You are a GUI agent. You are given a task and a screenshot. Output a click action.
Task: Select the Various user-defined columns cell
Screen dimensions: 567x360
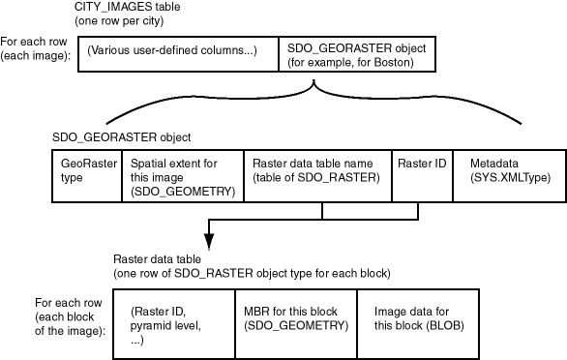178,54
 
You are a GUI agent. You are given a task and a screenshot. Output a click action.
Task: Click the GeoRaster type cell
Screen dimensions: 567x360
87,176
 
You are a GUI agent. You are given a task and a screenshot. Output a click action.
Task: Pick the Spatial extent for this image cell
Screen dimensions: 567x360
183,176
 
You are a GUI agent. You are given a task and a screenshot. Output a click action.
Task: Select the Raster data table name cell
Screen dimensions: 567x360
318,176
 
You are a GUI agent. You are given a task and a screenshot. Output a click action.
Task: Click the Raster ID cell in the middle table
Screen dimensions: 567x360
423,176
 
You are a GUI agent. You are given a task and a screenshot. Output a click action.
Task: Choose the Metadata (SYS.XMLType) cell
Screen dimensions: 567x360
509,176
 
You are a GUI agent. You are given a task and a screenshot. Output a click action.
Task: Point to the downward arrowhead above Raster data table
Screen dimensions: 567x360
209,241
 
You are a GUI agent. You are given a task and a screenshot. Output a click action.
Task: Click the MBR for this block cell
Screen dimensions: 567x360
296,324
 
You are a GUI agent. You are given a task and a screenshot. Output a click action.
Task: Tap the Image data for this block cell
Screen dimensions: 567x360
418,324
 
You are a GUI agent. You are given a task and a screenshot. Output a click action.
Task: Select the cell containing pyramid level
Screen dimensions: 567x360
174,324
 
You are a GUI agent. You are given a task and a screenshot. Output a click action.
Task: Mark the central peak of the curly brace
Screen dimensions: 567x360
313,81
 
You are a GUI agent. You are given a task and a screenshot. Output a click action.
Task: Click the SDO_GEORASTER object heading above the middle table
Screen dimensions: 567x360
122,137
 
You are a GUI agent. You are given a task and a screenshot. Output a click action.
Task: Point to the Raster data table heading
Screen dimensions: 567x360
158,259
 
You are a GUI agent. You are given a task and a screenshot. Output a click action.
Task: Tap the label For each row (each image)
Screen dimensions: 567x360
35,48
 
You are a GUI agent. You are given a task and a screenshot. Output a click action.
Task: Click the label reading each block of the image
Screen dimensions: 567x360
71,324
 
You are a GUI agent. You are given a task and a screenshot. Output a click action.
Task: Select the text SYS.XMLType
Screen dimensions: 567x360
511,178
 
